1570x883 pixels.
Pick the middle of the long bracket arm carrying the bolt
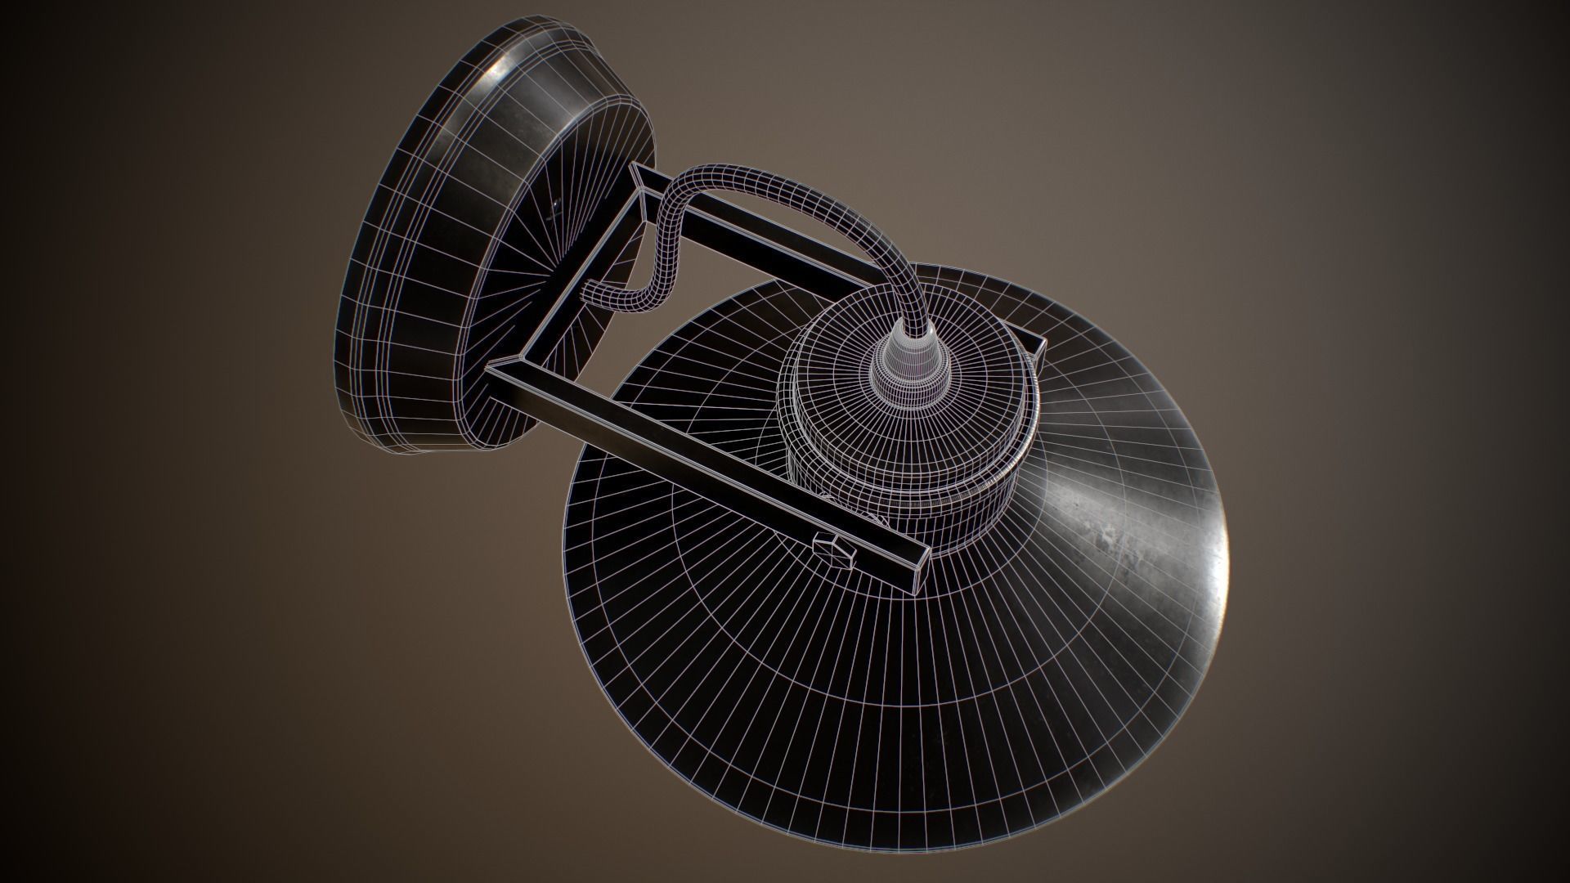pyautogui.click(x=703, y=466)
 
